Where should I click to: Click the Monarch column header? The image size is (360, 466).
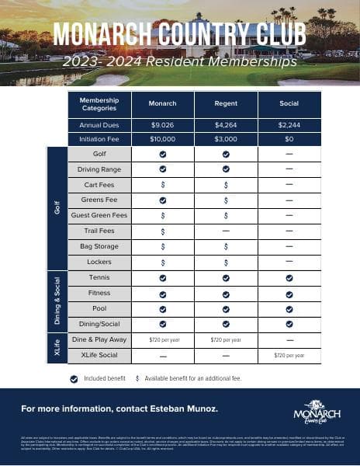[162, 103]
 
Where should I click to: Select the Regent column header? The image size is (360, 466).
[226, 103]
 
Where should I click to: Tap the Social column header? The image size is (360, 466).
[289, 103]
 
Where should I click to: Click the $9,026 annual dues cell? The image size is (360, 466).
[162, 124]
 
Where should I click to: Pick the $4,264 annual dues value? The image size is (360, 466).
[226, 124]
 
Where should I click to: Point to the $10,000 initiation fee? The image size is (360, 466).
[162, 139]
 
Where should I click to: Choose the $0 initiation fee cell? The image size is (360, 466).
[289, 139]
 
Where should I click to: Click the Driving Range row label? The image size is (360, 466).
[99, 169]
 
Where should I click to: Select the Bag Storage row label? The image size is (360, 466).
[99, 245]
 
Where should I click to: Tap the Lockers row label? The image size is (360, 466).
[99, 261]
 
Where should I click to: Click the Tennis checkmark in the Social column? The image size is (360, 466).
[289, 277]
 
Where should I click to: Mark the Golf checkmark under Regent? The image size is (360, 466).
[226, 155]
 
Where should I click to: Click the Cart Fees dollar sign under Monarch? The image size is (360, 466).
[162, 185]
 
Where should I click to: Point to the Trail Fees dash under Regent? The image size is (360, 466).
[226, 231]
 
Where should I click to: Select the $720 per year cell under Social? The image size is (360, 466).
[289, 355]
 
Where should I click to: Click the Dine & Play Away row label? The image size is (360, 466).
[99, 339]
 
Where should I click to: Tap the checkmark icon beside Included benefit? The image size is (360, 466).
[74, 378]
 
